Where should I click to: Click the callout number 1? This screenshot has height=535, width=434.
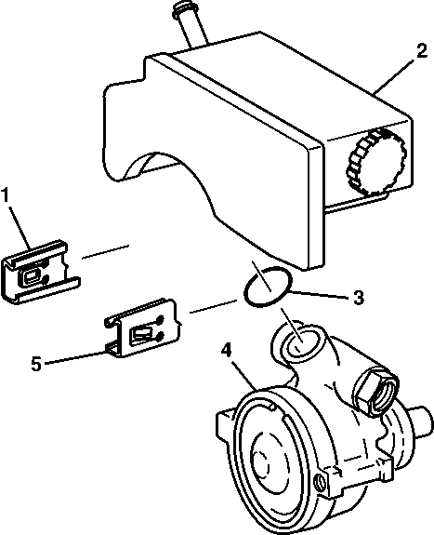tap(6, 194)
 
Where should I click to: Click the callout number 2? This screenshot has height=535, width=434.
tap(421, 51)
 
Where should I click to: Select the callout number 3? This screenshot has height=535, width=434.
tap(358, 298)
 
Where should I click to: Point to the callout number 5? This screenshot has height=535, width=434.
tap(36, 364)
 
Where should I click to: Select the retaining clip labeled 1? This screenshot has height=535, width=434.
tap(41, 272)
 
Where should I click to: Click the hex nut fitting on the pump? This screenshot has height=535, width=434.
tap(376, 392)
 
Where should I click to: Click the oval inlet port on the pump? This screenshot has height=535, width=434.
tap(302, 341)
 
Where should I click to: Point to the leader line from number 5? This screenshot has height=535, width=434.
tap(75, 357)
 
